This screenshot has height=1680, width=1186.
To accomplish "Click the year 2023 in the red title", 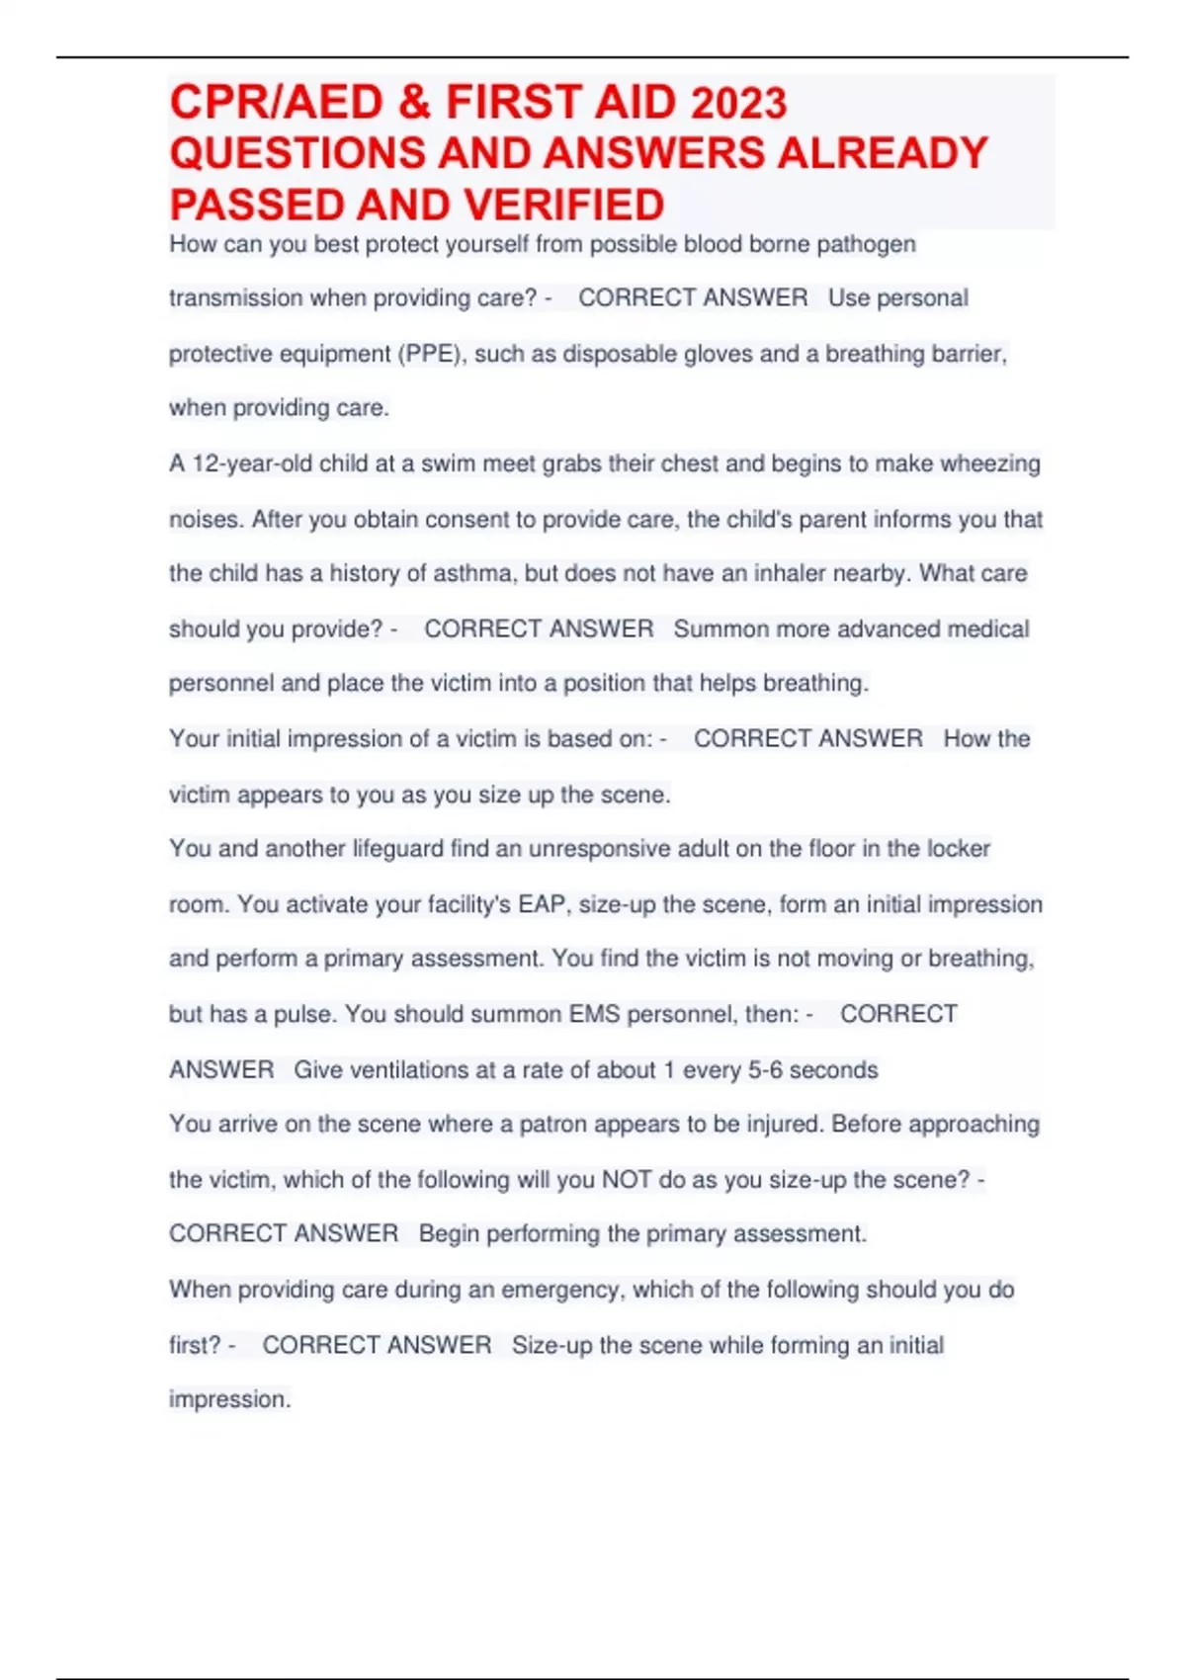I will point(738,103).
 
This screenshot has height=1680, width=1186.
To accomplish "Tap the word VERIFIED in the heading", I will point(563,206).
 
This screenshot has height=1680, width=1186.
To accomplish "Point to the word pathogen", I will point(866,244).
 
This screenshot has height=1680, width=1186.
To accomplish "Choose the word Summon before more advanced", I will point(721,629).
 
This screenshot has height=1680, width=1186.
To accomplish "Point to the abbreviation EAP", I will point(541,904).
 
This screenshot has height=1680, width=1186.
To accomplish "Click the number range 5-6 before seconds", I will point(765,1069).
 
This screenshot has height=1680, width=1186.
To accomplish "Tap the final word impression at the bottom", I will point(229,1399).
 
